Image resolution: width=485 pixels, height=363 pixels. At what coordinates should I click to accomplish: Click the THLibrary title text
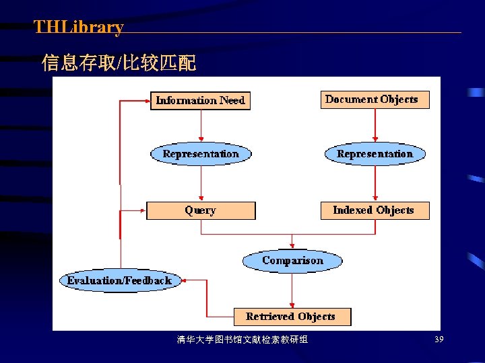coord(79,28)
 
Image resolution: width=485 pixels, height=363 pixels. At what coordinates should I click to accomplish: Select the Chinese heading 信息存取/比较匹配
coord(119,64)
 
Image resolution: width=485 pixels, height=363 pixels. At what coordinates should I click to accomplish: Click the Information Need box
coord(200,101)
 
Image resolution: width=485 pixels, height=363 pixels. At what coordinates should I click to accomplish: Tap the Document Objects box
coord(374,99)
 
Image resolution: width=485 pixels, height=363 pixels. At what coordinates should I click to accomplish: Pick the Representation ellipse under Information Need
coord(201,154)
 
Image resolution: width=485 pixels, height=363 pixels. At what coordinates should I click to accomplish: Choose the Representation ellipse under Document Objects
coord(375,154)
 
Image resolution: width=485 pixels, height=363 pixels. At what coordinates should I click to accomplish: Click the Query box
coord(201,210)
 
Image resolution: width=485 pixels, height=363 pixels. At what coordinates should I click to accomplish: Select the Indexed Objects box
coord(374,210)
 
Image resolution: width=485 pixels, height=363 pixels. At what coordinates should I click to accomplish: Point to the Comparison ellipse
coord(292,261)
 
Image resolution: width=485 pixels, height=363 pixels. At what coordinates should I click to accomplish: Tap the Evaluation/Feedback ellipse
coord(121,280)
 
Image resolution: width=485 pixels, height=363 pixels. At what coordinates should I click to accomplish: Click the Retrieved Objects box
coord(292,316)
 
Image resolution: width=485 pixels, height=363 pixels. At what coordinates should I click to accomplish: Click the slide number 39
coord(439,339)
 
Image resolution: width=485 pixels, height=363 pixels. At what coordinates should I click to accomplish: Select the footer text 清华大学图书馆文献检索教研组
coord(243,339)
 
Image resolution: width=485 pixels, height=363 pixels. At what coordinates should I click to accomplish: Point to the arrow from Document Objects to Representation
coord(375,125)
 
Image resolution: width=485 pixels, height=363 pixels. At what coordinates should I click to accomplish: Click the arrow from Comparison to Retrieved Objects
coord(292,289)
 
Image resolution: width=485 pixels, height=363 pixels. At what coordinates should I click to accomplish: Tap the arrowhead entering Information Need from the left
coord(147,102)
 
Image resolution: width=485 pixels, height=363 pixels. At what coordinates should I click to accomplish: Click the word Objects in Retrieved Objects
coord(316,316)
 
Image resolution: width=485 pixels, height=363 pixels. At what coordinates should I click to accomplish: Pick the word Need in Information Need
coord(232,101)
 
